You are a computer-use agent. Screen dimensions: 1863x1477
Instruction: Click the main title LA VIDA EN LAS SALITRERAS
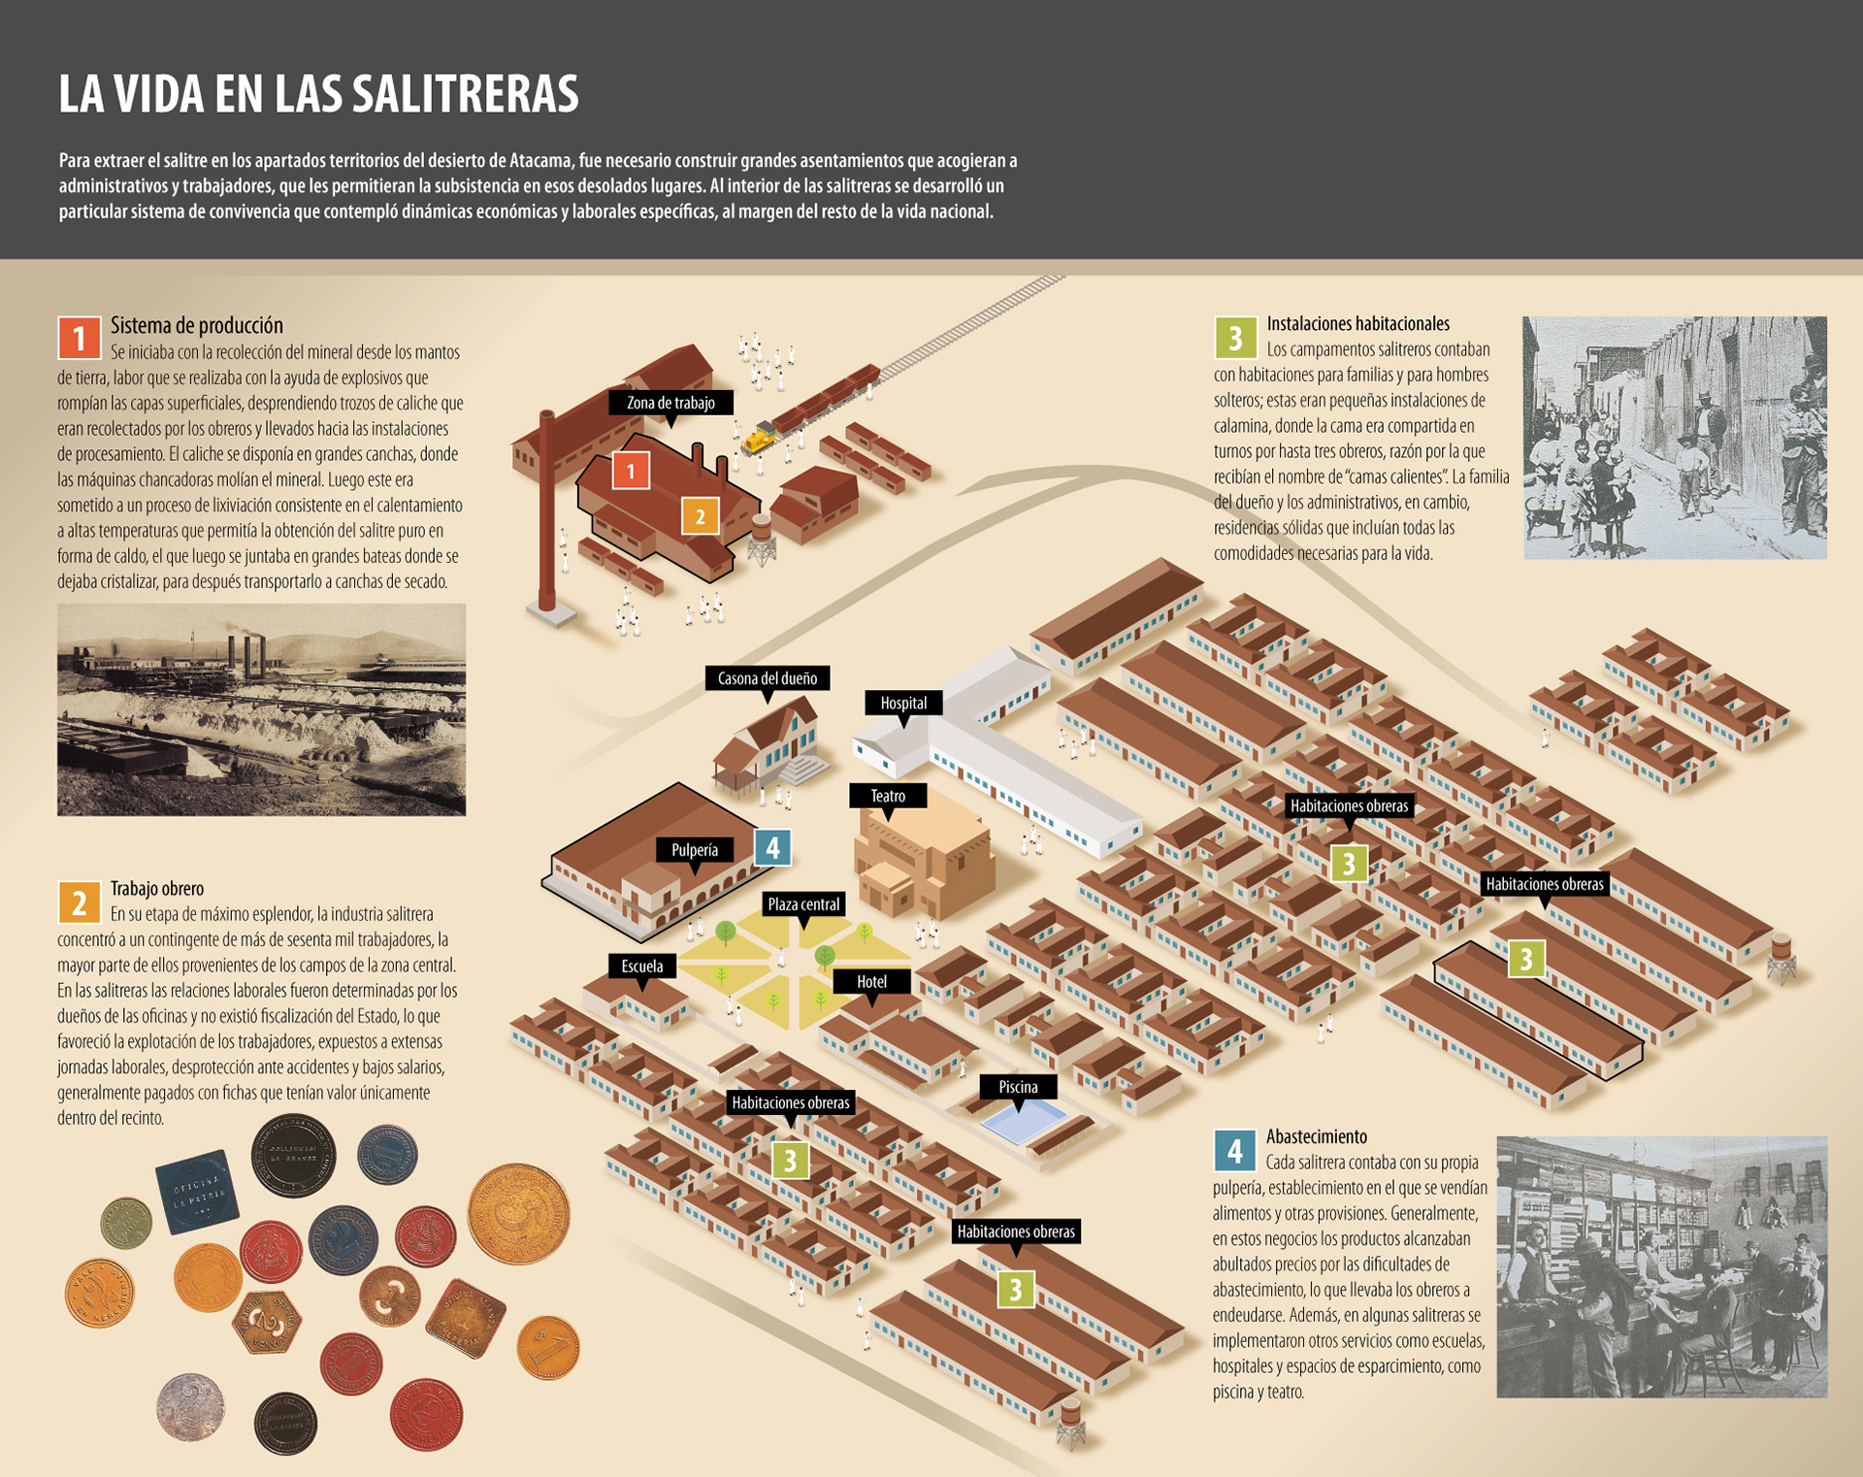[x=318, y=94]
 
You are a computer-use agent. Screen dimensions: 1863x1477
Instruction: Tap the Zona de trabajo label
[x=670, y=403]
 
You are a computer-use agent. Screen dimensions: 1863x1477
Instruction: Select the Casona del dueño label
[x=767, y=678]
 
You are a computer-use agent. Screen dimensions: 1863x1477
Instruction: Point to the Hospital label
[x=903, y=703]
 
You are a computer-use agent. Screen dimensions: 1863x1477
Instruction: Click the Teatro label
[x=888, y=796]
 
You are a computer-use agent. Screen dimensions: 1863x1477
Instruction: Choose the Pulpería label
[x=695, y=850]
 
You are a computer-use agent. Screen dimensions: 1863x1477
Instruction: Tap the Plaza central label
[x=803, y=904]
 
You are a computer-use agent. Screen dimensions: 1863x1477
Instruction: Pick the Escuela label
[x=642, y=967]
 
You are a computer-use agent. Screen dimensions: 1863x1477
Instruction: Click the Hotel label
[x=871, y=982]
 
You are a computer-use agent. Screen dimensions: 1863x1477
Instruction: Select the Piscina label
[x=1018, y=1087]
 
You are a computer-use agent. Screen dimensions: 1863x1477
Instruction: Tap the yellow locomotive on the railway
[x=759, y=439]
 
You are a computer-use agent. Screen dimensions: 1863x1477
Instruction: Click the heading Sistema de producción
[x=197, y=325]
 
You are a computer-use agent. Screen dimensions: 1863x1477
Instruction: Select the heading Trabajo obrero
[x=157, y=888]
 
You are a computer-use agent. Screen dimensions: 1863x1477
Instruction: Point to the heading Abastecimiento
[x=1317, y=1136]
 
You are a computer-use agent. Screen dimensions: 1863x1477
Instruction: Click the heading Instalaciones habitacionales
[x=1358, y=323]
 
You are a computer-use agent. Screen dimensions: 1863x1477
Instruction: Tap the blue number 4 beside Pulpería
[x=772, y=848]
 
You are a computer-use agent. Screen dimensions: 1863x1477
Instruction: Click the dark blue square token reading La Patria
[x=198, y=1191]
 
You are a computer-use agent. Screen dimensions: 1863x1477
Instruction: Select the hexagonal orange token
[x=267, y=1322]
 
